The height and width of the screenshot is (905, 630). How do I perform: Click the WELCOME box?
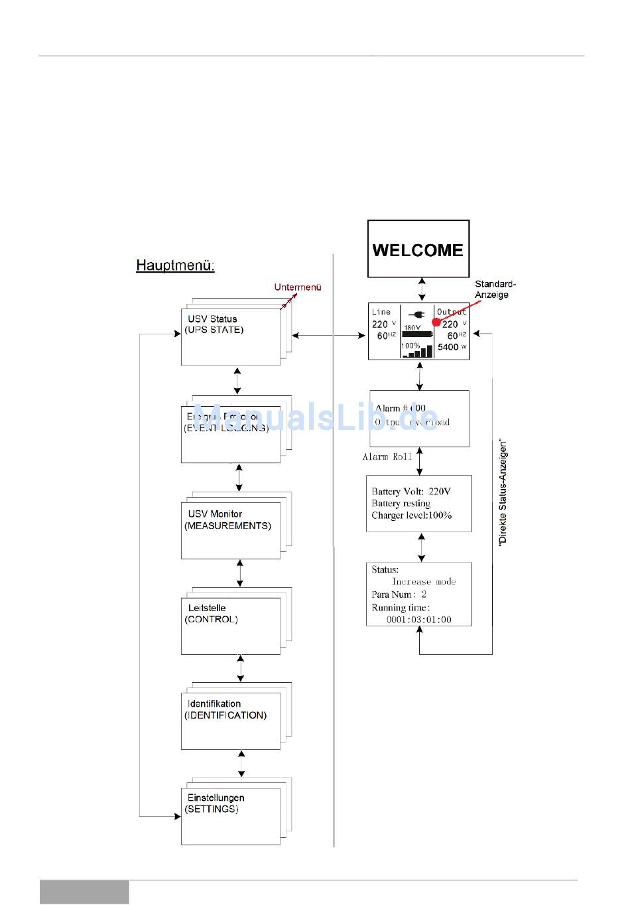coord(418,249)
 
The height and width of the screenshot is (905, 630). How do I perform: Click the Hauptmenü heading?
coord(175,265)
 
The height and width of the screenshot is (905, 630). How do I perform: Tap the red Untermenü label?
coord(298,287)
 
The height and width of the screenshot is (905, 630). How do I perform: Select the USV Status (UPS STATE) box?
coord(230,336)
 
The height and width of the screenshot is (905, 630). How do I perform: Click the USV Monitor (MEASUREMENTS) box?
coord(230,530)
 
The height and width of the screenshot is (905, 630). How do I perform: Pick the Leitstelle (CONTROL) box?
coord(230,626)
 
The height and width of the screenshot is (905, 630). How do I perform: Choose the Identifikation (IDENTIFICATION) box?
coord(230,721)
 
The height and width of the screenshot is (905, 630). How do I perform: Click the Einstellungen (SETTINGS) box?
coord(230,815)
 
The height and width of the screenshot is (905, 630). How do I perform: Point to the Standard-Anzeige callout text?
coord(495,289)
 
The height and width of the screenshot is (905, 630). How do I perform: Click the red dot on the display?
coord(436,322)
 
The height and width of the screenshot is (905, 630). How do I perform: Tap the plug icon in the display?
coord(417,314)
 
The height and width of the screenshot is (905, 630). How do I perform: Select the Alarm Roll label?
coord(387,456)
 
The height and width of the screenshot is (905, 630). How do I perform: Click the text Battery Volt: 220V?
coord(411,492)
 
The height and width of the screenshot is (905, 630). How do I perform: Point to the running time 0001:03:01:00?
coord(419,620)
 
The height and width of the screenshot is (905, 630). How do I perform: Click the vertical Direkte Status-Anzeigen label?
coord(503,492)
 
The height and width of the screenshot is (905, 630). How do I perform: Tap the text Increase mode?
coord(424,582)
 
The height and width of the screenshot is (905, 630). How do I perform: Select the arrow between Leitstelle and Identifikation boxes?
coord(240,669)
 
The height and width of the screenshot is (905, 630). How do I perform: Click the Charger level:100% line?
coord(411,516)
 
